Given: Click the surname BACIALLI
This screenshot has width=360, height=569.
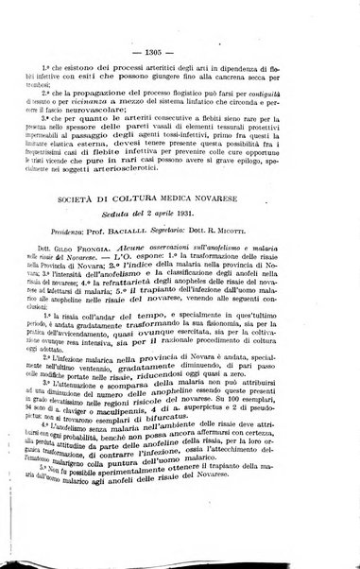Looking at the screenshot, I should click(170, 261).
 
